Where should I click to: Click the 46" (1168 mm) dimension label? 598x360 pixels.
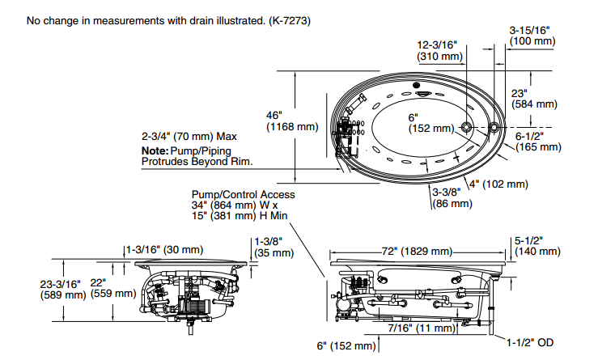click(292, 121)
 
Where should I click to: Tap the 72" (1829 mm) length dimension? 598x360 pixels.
click(417, 252)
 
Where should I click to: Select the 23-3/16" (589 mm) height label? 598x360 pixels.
click(63, 290)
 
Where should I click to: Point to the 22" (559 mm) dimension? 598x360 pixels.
click(113, 288)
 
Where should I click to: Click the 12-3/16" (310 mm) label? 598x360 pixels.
click(439, 51)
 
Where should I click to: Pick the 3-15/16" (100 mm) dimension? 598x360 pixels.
click(532, 36)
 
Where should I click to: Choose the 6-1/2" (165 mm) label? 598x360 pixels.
click(538, 142)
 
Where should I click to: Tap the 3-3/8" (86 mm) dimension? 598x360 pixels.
click(452, 197)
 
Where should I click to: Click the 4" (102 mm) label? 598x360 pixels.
click(498, 184)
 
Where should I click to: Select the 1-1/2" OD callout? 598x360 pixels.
click(530, 342)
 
